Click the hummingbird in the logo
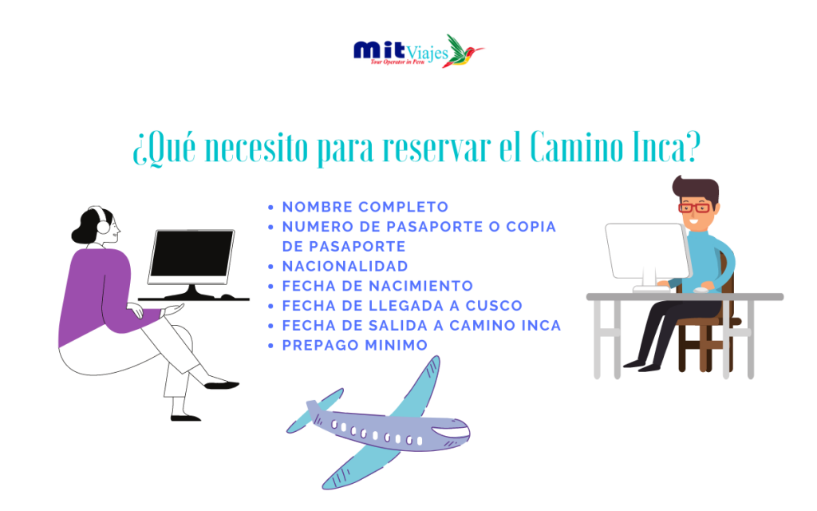tap(463, 51)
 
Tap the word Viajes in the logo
tap(427, 53)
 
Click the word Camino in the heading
tap(577, 147)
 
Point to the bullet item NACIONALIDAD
tap(345, 266)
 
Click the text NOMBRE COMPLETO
tap(365, 207)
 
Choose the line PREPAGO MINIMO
tap(355, 345)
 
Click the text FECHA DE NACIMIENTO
tap(377, 286)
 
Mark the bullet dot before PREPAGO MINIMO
tap(270, 346)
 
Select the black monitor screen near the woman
tap(191, 254)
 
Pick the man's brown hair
tap(696, 188)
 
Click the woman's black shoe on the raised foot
tap(222, 386)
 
